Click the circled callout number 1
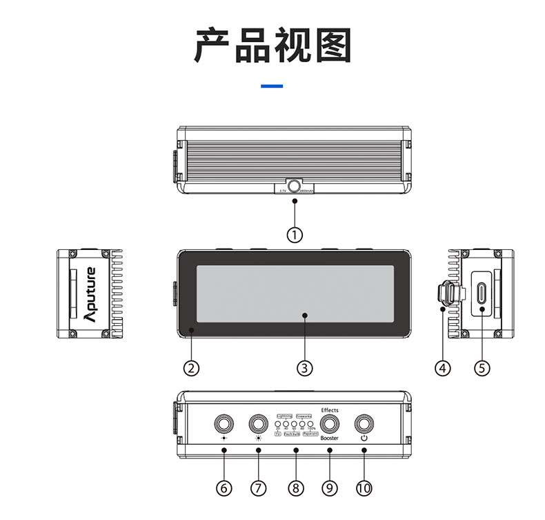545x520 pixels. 295,235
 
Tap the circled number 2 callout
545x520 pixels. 192,368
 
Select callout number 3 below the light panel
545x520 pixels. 304,368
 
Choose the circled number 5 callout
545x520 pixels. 482,368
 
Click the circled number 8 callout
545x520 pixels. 295,488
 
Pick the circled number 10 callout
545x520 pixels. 364,488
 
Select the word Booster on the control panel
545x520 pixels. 330,439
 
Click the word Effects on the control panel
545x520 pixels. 330,410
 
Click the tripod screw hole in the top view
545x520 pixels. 295,186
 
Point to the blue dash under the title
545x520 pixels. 272,86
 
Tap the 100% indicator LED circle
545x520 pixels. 311,423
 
